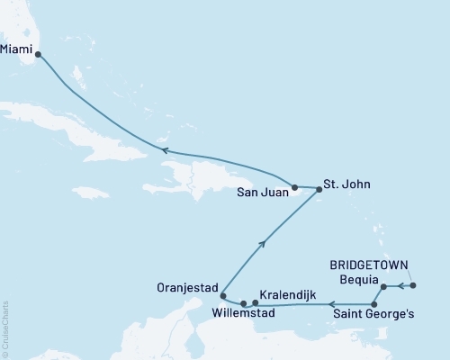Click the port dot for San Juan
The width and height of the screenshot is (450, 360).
pyautogui.click(x=294, y=188)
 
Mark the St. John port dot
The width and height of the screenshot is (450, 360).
pyautogui.click(x=319, y=189)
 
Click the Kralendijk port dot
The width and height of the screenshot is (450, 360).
pyautogui.click(x=256, y=302)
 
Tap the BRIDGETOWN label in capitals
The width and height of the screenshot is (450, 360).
pyautogui.click(x=369, y=266)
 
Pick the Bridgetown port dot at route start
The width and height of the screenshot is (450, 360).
pyautogui.click(x=413, y=286)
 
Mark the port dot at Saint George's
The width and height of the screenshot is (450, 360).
pyautogui.click(x=373, y=305)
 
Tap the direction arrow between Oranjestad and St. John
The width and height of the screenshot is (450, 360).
pyautogui.click(x=262, y=242)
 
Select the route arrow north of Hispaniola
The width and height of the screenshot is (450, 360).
pyautogui.click(x=165, y=150)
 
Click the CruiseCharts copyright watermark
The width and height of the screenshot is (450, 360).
pyautogui.click(x=5, y=328)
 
